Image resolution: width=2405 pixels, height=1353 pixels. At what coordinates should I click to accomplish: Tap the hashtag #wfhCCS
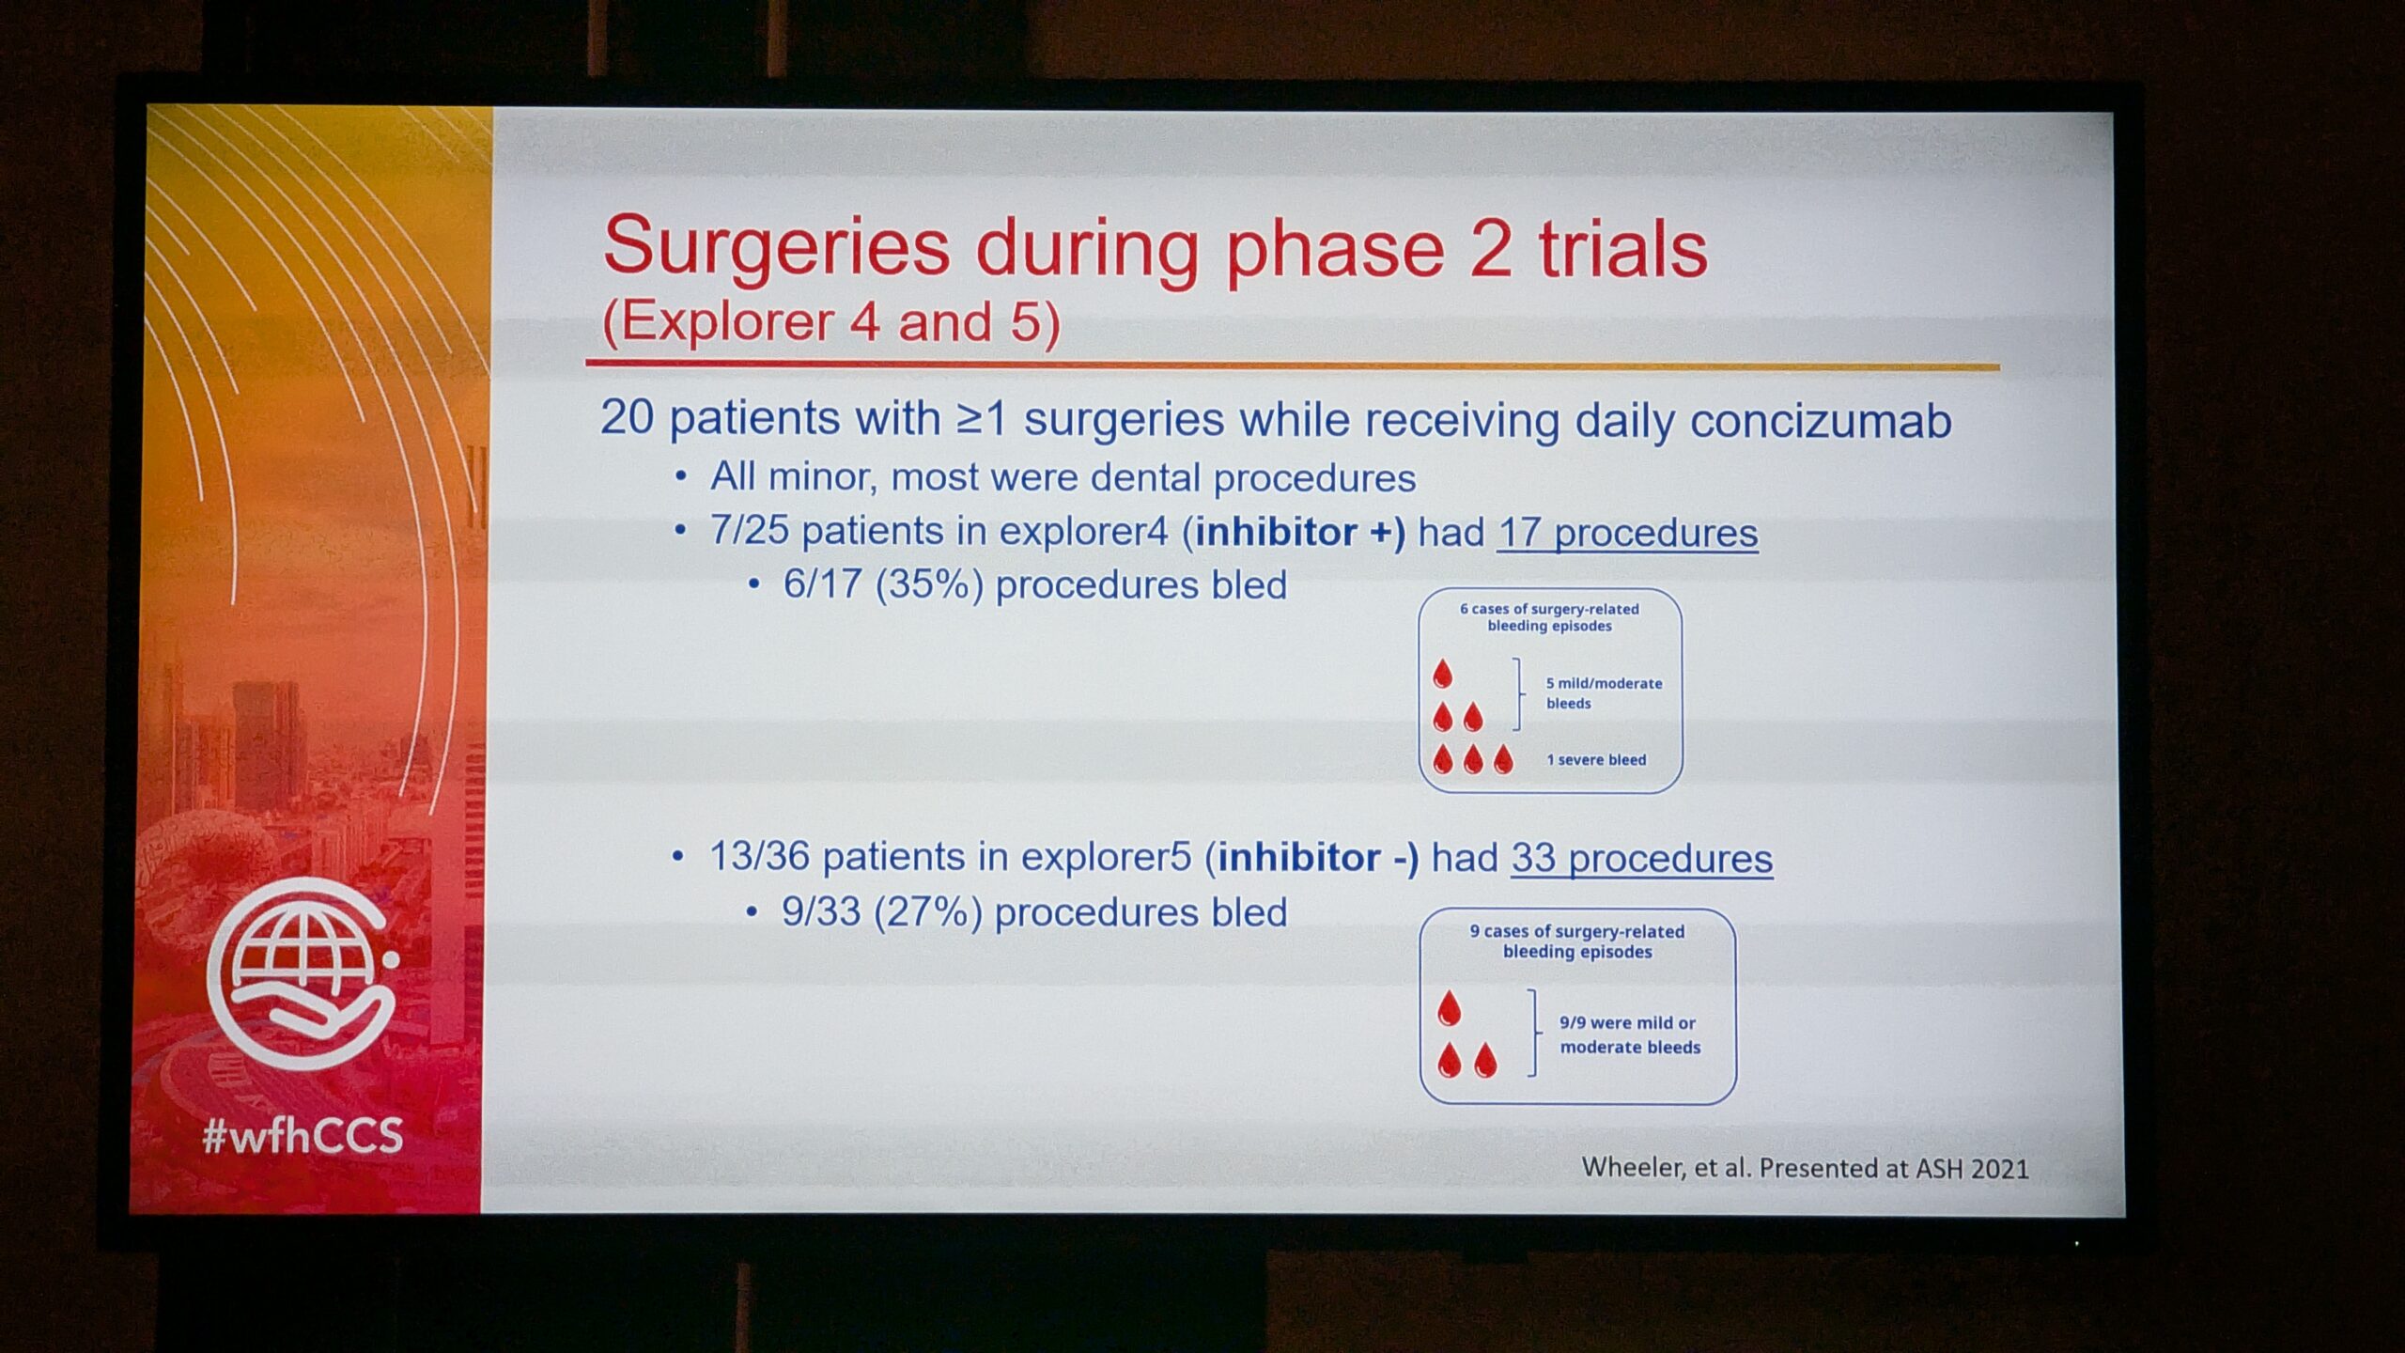(303, 1136)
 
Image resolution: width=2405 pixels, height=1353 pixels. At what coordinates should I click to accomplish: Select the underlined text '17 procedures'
(1627, 533)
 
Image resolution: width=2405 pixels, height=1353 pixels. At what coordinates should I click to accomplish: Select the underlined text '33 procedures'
(1642, 859)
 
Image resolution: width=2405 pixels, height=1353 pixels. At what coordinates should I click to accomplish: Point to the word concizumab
(1821, 421)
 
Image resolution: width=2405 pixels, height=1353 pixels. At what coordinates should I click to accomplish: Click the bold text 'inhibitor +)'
(1300, 533)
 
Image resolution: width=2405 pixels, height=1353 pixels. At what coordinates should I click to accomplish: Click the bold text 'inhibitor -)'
(1318, 858)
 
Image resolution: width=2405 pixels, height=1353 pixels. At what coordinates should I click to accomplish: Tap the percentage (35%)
(929, 585)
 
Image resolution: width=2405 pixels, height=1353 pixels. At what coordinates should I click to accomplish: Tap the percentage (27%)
(928, 912)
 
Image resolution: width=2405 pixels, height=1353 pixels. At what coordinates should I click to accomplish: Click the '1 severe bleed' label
(1596, 759)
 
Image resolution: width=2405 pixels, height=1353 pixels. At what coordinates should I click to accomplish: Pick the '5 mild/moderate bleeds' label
(1604, 693)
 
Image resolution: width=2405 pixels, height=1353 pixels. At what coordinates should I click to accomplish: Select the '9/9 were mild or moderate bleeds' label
(1630, 1034)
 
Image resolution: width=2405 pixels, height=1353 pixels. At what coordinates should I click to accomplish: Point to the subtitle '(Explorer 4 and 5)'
(831, 322)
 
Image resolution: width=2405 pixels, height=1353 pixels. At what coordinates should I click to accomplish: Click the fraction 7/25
(749, 531)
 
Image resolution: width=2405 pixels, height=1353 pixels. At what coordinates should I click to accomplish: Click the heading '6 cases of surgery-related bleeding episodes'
(1549, 617)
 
